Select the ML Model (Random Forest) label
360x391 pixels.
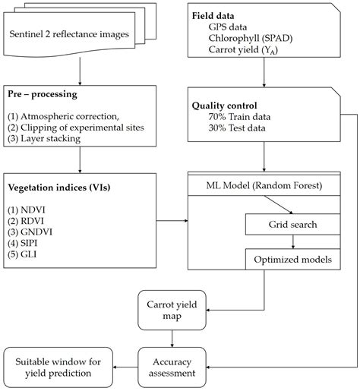coord(264,185)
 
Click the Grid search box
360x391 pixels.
coord(292,225)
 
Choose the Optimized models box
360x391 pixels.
coord(292,258)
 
